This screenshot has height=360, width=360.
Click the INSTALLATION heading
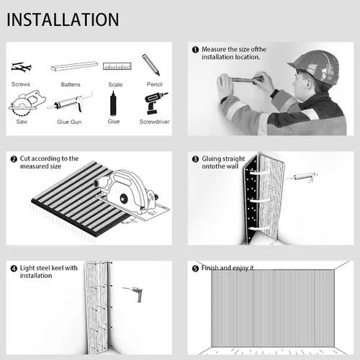(63, 19)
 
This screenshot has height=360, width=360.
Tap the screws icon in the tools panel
(21, 67)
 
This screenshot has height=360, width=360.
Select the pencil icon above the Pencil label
(150, 65)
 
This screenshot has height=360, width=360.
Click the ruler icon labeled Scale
(117, 66)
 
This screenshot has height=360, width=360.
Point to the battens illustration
(74, 66)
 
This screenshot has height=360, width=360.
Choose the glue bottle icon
(113, 103)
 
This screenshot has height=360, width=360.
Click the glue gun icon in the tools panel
(70, 103)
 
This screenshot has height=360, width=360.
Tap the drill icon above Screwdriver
(156, 103)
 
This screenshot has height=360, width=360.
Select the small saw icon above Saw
(27, 103)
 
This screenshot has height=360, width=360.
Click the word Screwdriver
(155, 122)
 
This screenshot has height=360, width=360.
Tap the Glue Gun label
(69, 122)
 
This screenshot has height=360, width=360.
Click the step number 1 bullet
(195, 50)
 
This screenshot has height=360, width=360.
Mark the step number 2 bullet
(14, 159)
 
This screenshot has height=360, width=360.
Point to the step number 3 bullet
(195, 159)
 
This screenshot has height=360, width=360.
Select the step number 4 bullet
(14, 269)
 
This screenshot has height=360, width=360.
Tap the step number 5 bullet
(195, 269)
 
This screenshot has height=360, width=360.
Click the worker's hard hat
(315, 66)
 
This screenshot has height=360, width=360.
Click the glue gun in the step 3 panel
(302, 177)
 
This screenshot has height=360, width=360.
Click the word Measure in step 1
(214, 50)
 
